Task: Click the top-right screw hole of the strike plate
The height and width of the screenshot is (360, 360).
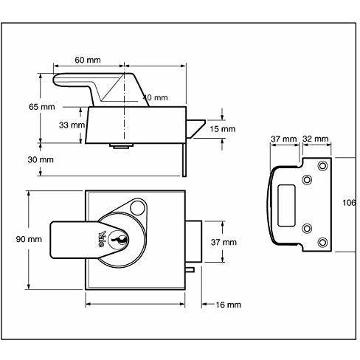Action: pos(322,168)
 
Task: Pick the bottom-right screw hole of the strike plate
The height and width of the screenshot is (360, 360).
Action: pos(322,241)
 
